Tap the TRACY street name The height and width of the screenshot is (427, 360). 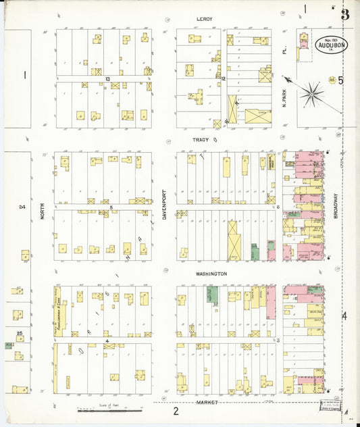coord(202,140)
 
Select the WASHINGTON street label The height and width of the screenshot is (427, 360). coord(211,274)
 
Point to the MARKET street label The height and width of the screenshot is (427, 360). coord(207,402)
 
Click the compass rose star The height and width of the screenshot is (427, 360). coord(311,95)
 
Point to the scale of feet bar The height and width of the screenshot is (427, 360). coord(109,409)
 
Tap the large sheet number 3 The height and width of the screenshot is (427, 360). coord(345,15)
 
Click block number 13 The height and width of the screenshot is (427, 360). coord(107,79)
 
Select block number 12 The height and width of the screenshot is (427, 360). coord(222,79)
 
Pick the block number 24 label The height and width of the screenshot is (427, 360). coord(22,207)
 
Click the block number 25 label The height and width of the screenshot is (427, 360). coord(20,333)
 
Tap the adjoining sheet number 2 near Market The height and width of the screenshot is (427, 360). coord(175,411)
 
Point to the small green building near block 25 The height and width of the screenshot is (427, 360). coord(9,345)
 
